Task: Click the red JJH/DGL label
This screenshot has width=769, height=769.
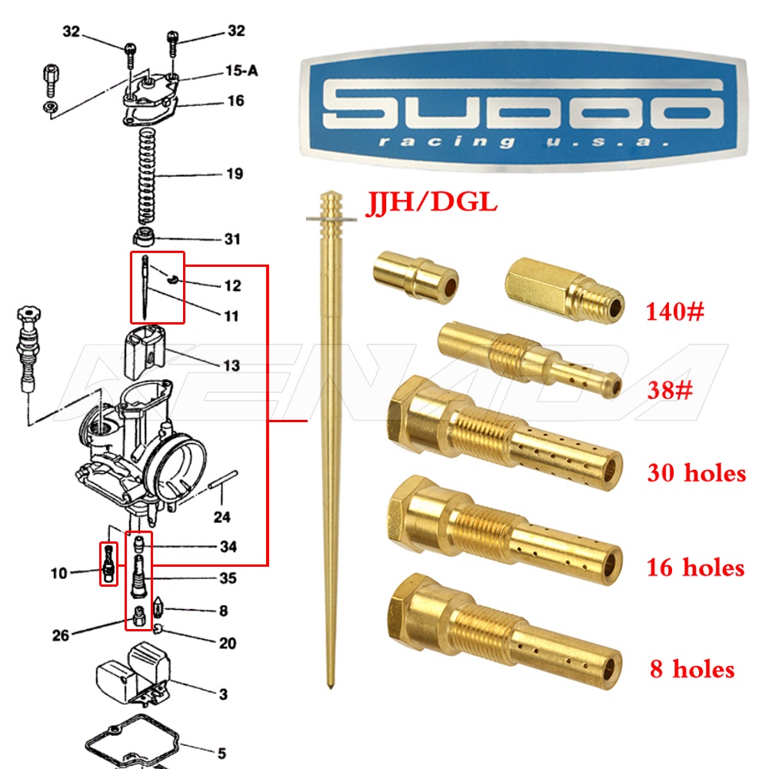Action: (x=431, y=203)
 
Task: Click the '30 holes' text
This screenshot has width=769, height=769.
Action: (x=697, y=472)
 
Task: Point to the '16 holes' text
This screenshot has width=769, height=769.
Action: (x=696, y=568)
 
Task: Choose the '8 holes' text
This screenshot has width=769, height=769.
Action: (x=691, y=669)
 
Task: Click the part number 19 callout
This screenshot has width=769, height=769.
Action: (x=235, y=175)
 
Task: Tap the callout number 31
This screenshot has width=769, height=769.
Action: (x=232, y=239)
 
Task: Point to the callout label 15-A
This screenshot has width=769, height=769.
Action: (x=241, y=70)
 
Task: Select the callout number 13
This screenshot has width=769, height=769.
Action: (x=231, y=366)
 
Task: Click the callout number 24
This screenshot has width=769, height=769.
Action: (x=221, y=518)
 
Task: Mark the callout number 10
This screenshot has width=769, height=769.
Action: (x=59, y=573)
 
